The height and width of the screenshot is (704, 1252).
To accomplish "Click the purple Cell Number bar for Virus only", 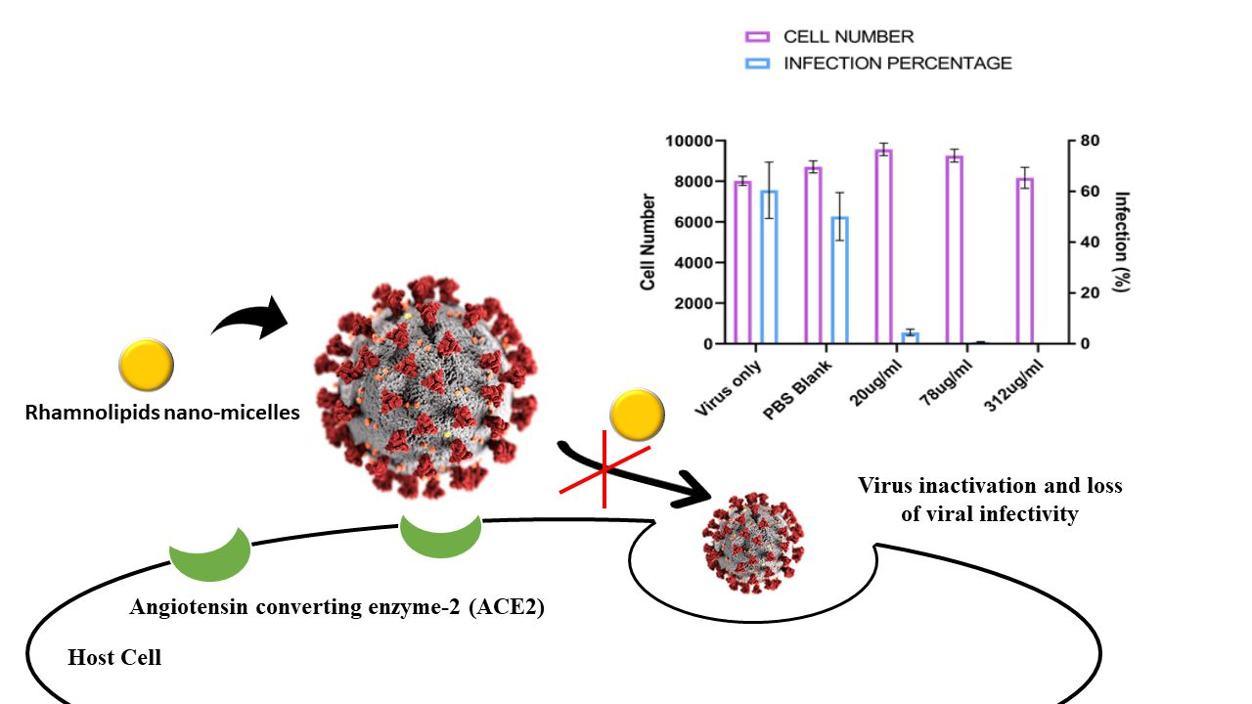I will (742, 262).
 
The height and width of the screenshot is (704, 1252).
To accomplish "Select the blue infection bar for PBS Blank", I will (839, 281).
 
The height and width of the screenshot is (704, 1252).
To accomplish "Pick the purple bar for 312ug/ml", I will (1025, 261).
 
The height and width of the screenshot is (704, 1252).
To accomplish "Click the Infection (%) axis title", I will (1122, 242).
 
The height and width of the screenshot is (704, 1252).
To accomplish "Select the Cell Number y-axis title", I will (648, 242).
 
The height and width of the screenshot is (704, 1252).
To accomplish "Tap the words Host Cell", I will (114, 658).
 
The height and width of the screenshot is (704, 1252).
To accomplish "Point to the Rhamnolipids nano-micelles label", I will (162, 414).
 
